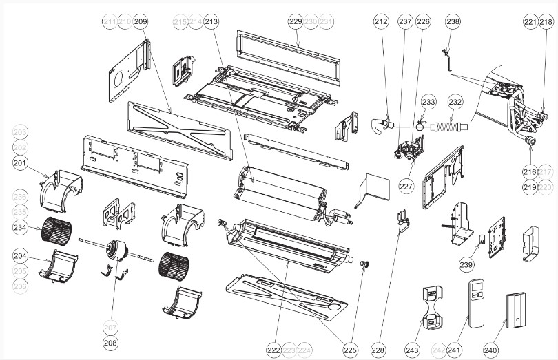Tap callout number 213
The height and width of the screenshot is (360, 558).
[211, 22]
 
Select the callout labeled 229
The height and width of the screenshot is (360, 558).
[296, 22]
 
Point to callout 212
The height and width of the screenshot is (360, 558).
[381, 22]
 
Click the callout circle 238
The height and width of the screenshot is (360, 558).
[453, 22]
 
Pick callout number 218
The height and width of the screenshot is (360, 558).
[546, 22]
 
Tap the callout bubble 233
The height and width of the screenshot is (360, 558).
[428, 102]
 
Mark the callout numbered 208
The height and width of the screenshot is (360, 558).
[110, 342]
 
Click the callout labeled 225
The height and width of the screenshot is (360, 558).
[351, 350]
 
